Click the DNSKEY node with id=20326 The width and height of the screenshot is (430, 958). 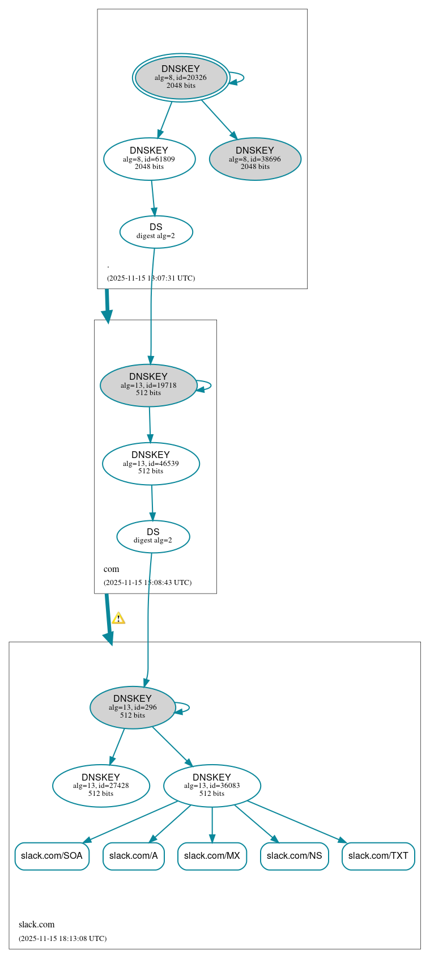point(181,78)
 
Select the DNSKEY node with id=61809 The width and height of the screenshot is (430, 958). point(149,159)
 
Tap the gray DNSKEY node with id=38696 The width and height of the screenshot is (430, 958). point(255,159)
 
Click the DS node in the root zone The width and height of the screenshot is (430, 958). point(156,231)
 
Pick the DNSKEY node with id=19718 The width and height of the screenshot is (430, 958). point(148,385)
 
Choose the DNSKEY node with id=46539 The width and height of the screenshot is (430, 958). point(151,463)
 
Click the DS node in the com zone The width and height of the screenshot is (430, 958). point(153,536)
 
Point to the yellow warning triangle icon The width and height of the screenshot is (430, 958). point(118,618)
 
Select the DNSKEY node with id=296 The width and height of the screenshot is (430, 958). point(133,707)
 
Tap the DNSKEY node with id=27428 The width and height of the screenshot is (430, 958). point(101,785)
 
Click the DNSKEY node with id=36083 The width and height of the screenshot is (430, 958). point(212,785)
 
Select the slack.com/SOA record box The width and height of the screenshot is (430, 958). point(52,856)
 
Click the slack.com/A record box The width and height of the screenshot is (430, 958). point(134,856)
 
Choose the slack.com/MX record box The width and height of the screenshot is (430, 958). point(212,856)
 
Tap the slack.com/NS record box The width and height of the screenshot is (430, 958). point(294,856)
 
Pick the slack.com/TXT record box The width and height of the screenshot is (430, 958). point(378,856)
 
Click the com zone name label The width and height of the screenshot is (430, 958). point(112,569)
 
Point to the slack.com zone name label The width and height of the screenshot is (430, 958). point(37,925)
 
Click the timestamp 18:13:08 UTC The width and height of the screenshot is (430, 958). point(62,939)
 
